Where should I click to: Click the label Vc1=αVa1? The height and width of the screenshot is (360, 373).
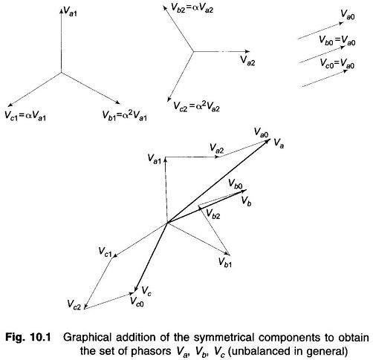click(x=25, y=116)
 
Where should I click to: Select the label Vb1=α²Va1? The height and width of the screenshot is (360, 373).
click(x=125, y=116)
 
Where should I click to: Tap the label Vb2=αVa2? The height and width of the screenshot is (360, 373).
click(x=192, y=8)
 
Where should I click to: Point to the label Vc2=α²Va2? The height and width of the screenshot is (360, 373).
click(x=196, y=107)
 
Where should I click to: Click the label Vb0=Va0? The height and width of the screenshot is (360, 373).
click(x=337, y=41)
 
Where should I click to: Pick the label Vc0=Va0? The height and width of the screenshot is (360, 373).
click(x=337, y=63)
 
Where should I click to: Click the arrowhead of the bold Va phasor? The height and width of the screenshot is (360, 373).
click(x=269, y=141)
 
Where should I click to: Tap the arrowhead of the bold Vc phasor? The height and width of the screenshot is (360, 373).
click(x=135, y=289)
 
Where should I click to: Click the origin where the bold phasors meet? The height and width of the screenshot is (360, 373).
click(x=168, y=223)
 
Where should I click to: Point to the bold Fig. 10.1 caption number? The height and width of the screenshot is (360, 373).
click(x=28, y=338)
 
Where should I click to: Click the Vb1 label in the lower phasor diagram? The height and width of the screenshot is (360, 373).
click(x=225, y=262)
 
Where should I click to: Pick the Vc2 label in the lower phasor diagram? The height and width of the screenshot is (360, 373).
click(x=74, y=304)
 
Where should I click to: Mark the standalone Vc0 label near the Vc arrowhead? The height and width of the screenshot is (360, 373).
click(x=137, y=301)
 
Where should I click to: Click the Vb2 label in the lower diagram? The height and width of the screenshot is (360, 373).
click(x=213, y=214)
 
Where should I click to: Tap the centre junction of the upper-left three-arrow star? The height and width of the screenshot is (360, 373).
click(x=61, y=73)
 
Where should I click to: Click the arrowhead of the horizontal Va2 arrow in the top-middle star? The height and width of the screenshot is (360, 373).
click(x=247, y=51)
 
